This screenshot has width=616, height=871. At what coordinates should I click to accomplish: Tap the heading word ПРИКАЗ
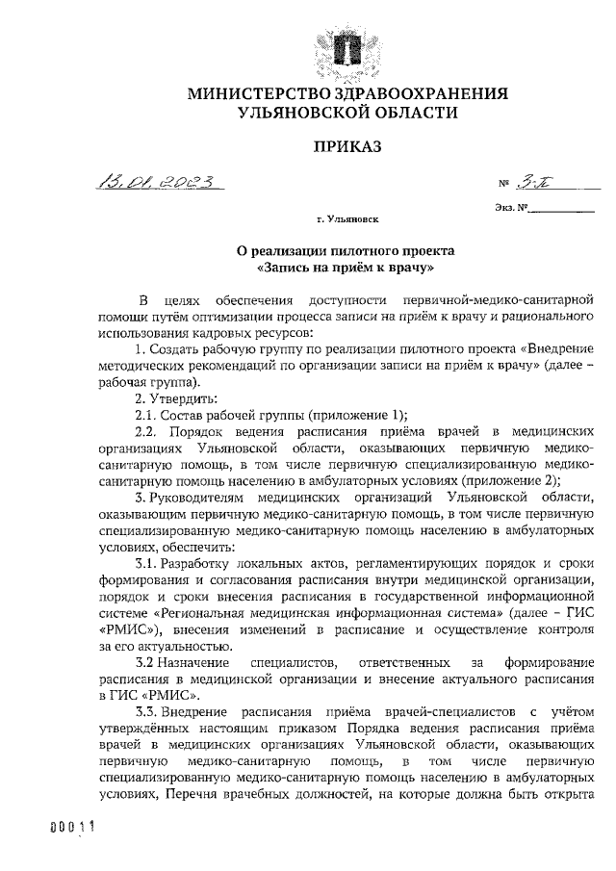346,146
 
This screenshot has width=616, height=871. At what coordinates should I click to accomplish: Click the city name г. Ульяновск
347,220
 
